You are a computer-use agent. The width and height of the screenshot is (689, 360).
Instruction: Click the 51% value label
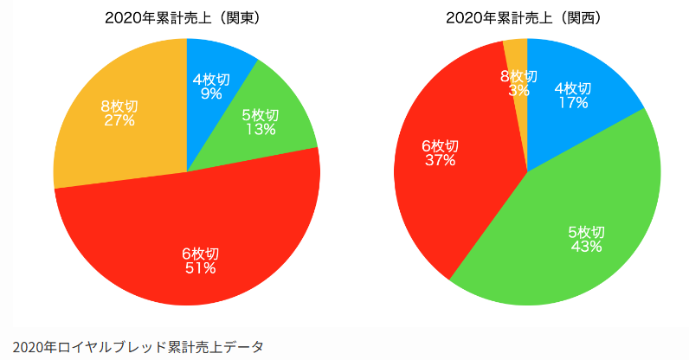[200, 268]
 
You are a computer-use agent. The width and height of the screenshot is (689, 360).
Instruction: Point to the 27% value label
[119, 120]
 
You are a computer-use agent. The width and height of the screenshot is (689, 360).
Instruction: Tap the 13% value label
[260, 130]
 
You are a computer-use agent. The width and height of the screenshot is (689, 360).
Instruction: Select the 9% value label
[210, 93]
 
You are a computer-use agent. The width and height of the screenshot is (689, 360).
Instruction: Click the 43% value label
[586, 247]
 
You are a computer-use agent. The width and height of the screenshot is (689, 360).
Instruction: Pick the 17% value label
[572, 102]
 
